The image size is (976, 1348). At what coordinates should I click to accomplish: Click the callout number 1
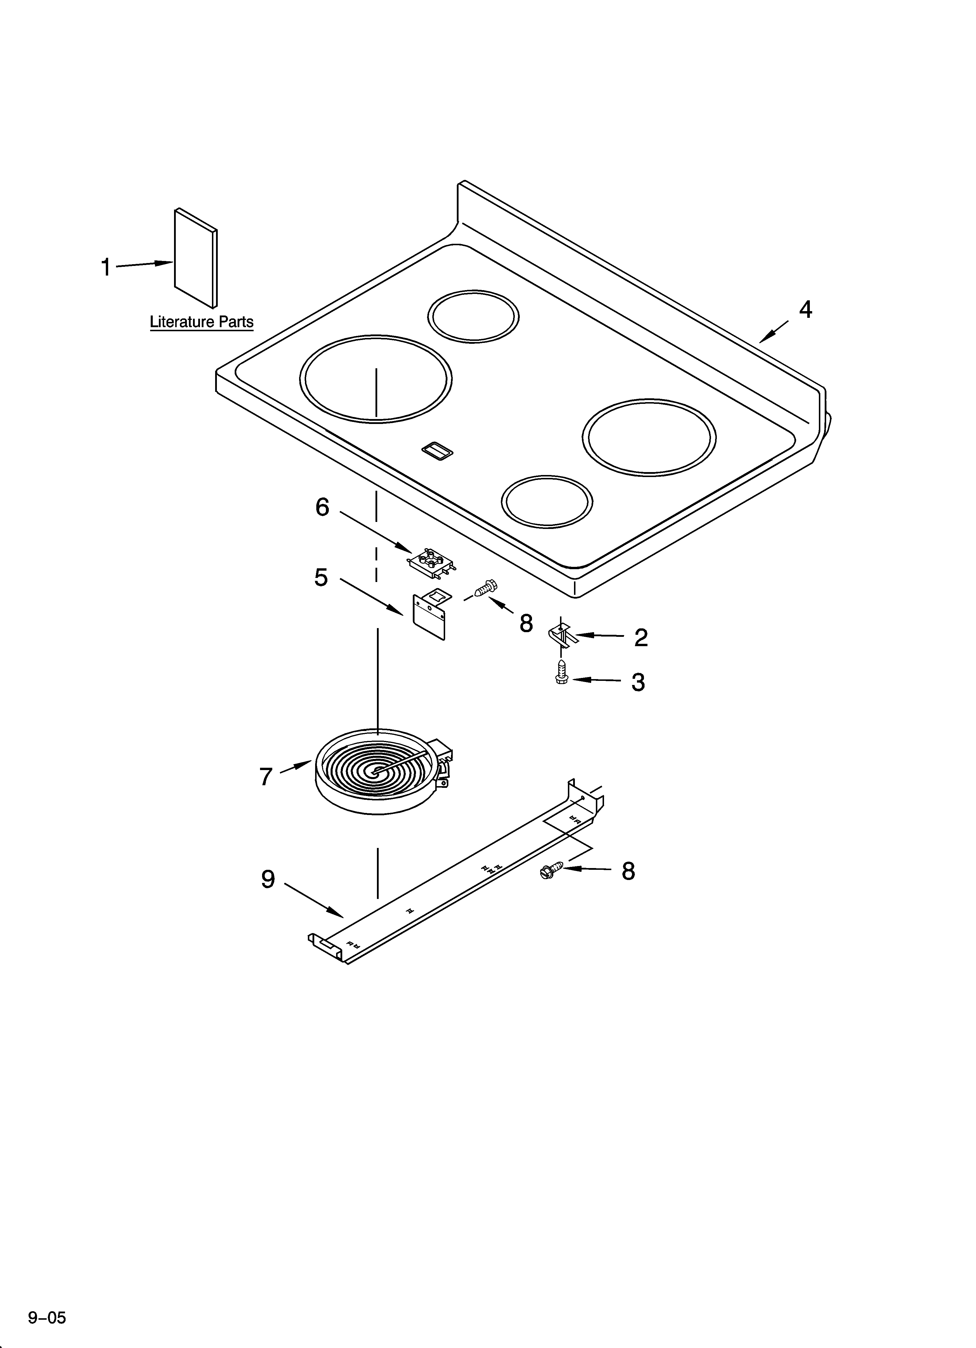[x=106, y=267]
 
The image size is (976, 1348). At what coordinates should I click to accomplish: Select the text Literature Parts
[x=201, y=322]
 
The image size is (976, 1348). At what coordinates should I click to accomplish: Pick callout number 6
[x=322, y=507]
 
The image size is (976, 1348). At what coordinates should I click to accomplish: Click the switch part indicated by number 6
[x=432, y=562]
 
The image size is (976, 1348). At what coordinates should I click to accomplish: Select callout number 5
[x=321, y=577]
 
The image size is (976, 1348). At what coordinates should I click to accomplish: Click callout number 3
[x=638, y=682]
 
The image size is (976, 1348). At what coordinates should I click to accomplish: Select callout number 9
[x=268, y=879]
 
